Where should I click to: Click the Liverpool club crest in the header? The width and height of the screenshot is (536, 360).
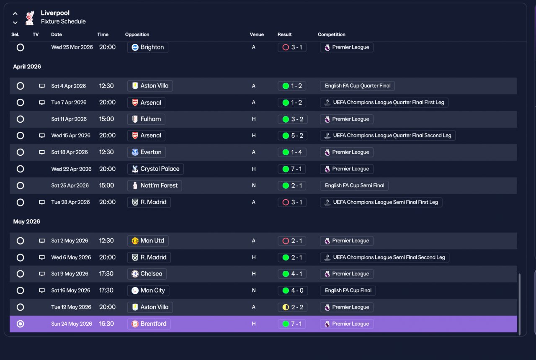tap(30, 18)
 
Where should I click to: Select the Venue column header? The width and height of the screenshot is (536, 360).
tap(257, 34)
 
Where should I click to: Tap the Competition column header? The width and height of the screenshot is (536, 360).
tap(331, 34)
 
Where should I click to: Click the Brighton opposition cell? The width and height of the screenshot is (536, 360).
tap(148, 47)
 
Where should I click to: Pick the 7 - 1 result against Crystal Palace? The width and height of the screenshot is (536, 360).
tap(292, 169)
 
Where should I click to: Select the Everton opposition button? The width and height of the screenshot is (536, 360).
tap(147, 152)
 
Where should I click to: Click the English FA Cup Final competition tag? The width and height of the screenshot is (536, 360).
tap(348, 291)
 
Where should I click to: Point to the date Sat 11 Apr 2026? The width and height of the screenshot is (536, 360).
tap(69, 119)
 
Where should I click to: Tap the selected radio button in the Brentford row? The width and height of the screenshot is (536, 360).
tap(21, 324)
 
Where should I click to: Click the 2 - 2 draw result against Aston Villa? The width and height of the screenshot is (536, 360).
tap(292, 307)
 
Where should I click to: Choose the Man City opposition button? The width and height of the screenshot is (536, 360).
tap(148, 291)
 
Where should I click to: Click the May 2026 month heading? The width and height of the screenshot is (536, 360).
tap(26, 221)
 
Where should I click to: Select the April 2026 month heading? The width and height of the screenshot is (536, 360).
tap(27, 67)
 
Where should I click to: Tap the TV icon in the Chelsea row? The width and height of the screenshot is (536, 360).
tap(42, 274)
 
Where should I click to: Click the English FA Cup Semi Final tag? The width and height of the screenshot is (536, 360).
tap(354, 185)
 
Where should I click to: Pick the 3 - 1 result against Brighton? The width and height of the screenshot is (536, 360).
tap(292, 47)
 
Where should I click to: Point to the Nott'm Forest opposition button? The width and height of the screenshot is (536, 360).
tap(155, 185)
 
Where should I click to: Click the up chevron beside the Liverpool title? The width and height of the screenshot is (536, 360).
tap(15, 14)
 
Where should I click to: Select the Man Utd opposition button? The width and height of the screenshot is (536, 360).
tap(148, 241)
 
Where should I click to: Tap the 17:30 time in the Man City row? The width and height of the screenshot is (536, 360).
tap(106, 291)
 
